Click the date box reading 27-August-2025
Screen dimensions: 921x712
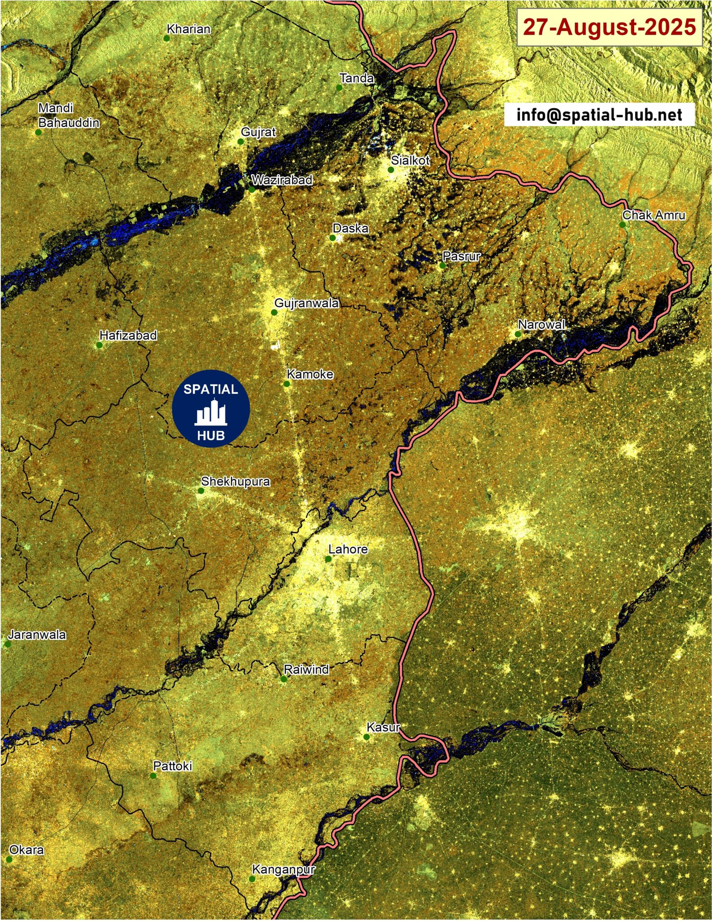click(609, 27)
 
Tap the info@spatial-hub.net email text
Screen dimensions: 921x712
click(599, 115)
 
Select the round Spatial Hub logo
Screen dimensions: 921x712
click(210, 408)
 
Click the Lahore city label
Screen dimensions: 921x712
click(348, 549)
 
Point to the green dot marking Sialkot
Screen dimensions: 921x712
click(391, 170)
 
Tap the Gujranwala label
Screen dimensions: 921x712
click(306, 303)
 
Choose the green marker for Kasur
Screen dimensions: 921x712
click(367, 737)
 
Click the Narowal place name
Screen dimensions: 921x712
click(541, 324)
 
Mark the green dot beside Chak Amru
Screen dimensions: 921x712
click(622, 224)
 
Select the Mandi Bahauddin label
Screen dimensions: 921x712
click(68, 115)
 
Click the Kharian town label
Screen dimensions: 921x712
click(188, 29)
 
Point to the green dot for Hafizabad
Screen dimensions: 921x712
click(99, 345)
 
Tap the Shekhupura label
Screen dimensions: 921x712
click(235, 481)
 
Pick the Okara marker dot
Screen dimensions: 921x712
click(9, 859)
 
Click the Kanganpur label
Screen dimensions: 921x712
click(283, 869)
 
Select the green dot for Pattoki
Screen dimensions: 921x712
click(153, 776)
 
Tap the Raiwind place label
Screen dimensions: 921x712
click(306, 669)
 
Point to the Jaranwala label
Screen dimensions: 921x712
click(37, 635)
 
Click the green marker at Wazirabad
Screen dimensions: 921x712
click(252, 189)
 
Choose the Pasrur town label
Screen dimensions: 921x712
click(461, 256)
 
